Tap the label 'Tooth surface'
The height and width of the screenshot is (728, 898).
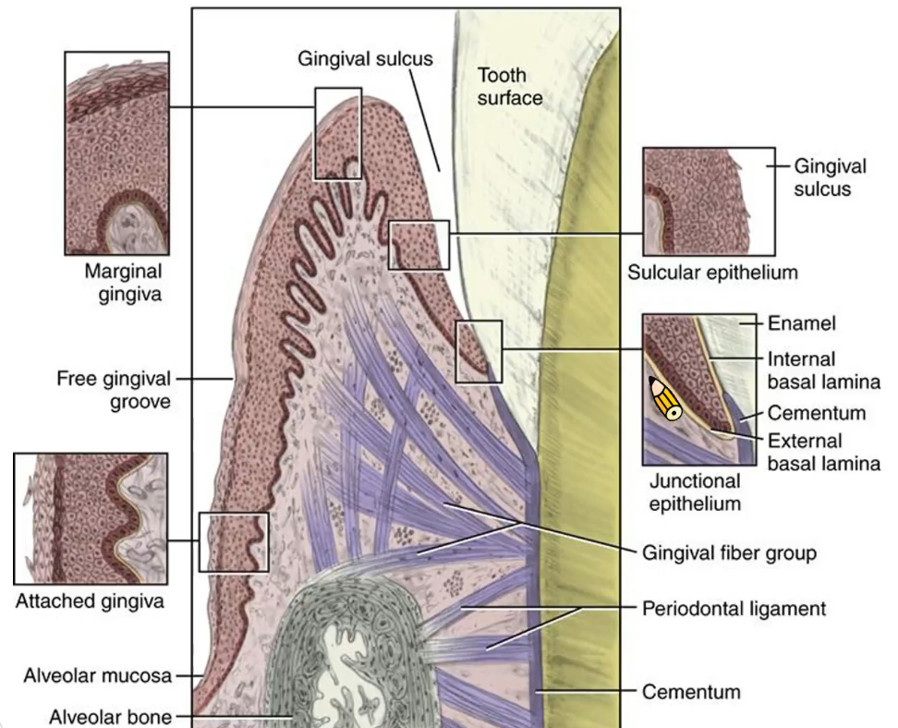[x=509, y=85]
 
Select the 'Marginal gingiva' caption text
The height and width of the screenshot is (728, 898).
[x=123, y=282]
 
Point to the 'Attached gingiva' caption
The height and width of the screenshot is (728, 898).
[x=90, y=601]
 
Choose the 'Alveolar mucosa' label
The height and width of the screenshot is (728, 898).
[x=98, y=675]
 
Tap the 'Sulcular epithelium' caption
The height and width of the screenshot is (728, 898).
[x=712, y=273]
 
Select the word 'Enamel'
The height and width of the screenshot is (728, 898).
[x=802, y=324]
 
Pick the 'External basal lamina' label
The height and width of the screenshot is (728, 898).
[x=821, y=452]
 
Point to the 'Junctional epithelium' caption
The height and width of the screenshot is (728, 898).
[x=695, y=491]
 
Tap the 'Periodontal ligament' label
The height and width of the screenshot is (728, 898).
[x=734, y=609]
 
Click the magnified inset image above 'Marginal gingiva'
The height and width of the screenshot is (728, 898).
[x=116, y=153]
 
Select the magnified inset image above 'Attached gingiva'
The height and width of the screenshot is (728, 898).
[x=91, y=518]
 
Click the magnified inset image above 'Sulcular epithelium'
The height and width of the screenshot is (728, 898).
[x=708, y=201]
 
